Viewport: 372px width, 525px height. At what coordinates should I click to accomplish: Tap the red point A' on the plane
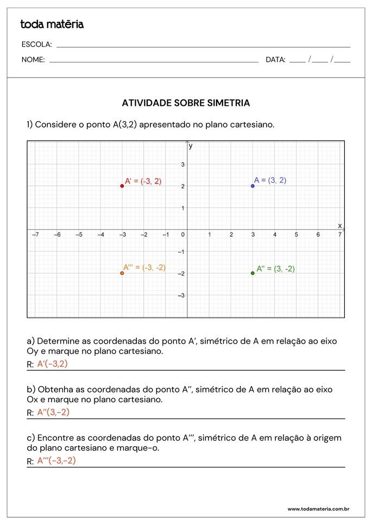(122, 186)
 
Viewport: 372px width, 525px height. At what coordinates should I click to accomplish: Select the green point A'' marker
(253, 273)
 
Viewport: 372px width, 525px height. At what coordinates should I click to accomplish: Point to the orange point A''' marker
(122, 273)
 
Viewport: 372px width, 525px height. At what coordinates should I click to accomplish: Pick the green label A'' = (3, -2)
(276, 269)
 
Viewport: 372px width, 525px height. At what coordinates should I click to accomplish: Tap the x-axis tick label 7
(340, 235)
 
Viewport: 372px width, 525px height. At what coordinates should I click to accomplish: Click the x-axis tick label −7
(35, 235)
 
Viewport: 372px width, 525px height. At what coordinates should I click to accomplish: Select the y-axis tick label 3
(183, 165)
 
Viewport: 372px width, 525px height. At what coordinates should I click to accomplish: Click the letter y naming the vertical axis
(191, 146)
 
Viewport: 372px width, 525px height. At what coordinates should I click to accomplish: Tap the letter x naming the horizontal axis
(340, 225)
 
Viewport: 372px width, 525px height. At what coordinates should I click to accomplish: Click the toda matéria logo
(52, 24)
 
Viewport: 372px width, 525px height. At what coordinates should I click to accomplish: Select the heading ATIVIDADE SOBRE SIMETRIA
(186, 103)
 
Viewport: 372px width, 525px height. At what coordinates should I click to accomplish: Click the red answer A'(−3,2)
(52, 364)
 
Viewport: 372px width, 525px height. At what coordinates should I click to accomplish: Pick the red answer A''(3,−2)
(53, 412)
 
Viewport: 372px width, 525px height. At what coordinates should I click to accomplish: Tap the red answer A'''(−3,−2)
(56, 461)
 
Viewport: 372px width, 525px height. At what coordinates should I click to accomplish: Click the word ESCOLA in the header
(36, 45)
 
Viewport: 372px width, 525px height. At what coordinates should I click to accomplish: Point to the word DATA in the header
(275, 60)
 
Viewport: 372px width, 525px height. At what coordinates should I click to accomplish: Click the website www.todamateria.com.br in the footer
(318, 509)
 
